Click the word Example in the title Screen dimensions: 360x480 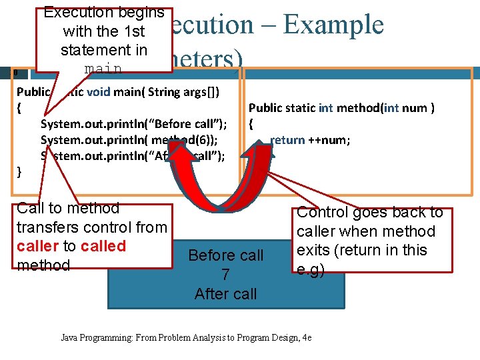click(x=333, y=25)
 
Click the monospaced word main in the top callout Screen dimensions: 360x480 click(x=103, y=69)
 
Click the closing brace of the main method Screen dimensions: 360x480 click(x=19, y=172)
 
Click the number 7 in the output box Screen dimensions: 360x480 click(x=225, y=275)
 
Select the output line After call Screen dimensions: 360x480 click(x=225, y=294)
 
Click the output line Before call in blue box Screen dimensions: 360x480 click(x=225, y=255)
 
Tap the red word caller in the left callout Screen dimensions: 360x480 click(x=37, y=246)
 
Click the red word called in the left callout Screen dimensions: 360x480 click(x=103, y=246)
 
